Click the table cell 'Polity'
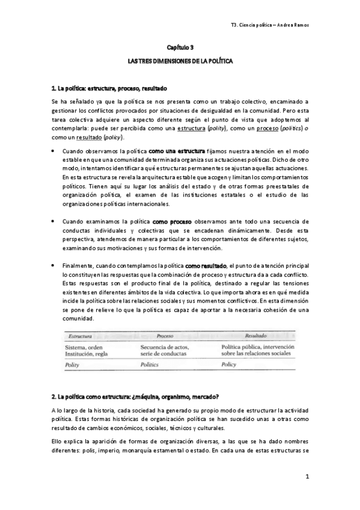[73, 364]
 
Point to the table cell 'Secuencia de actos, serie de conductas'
[165, 350]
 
